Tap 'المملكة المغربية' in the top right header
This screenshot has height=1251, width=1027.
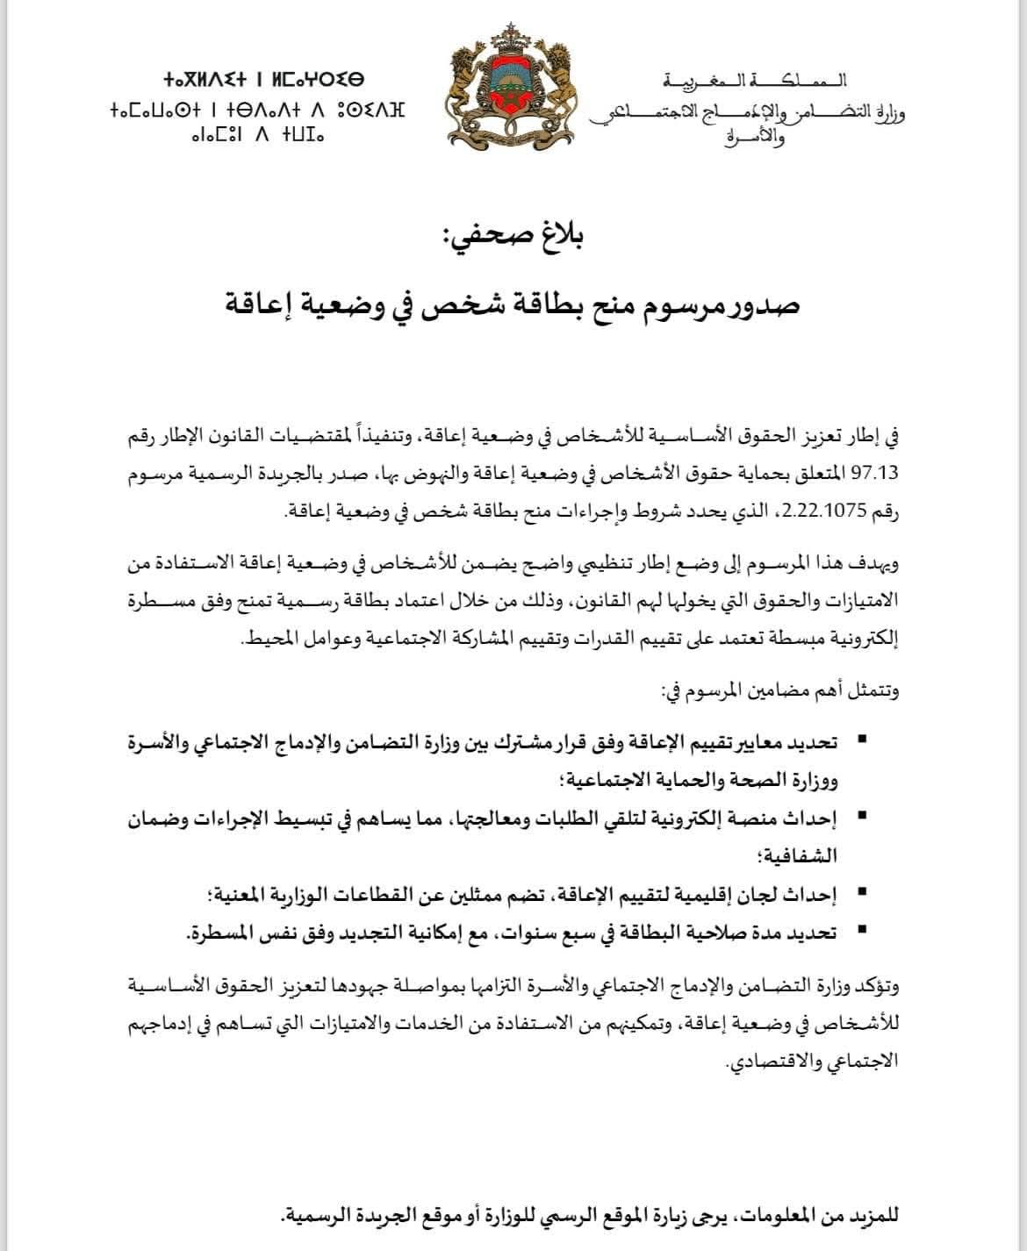(757, 82)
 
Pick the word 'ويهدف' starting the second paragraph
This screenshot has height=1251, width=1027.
(879, 564)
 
